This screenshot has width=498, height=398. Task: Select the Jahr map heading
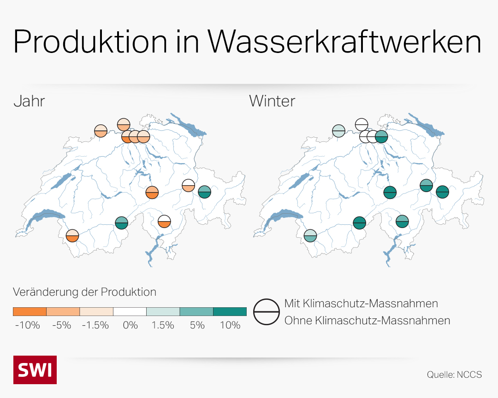(x=29, y=101)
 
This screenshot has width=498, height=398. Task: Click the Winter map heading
(x=272, y=101)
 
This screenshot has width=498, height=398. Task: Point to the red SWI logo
(x=35, y=369)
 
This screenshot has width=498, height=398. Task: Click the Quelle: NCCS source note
(x=454, y=375)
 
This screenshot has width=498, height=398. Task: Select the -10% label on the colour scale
(x=28, y=325)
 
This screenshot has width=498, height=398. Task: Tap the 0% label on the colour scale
(x=130, y=325)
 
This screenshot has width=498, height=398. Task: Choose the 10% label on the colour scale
(x=230, y=325)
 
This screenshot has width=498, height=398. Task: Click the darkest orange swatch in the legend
(x=30, y=311)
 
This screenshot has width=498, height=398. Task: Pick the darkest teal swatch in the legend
(x=230, y=311)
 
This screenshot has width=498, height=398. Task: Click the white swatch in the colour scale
(x=130, y=311)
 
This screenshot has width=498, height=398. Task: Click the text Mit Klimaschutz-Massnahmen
(x=361, y=304)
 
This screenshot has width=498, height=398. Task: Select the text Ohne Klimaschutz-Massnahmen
(x=367, y=320)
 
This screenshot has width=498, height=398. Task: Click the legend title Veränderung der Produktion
(x=84, y=292)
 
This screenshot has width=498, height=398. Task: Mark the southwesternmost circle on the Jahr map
(x=72, y=236)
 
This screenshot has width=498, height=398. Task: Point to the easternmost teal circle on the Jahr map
(x=205, y=192)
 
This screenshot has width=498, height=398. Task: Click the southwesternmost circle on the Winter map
(x=310, y=236)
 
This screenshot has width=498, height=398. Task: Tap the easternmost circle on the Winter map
(x=443, y=192)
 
